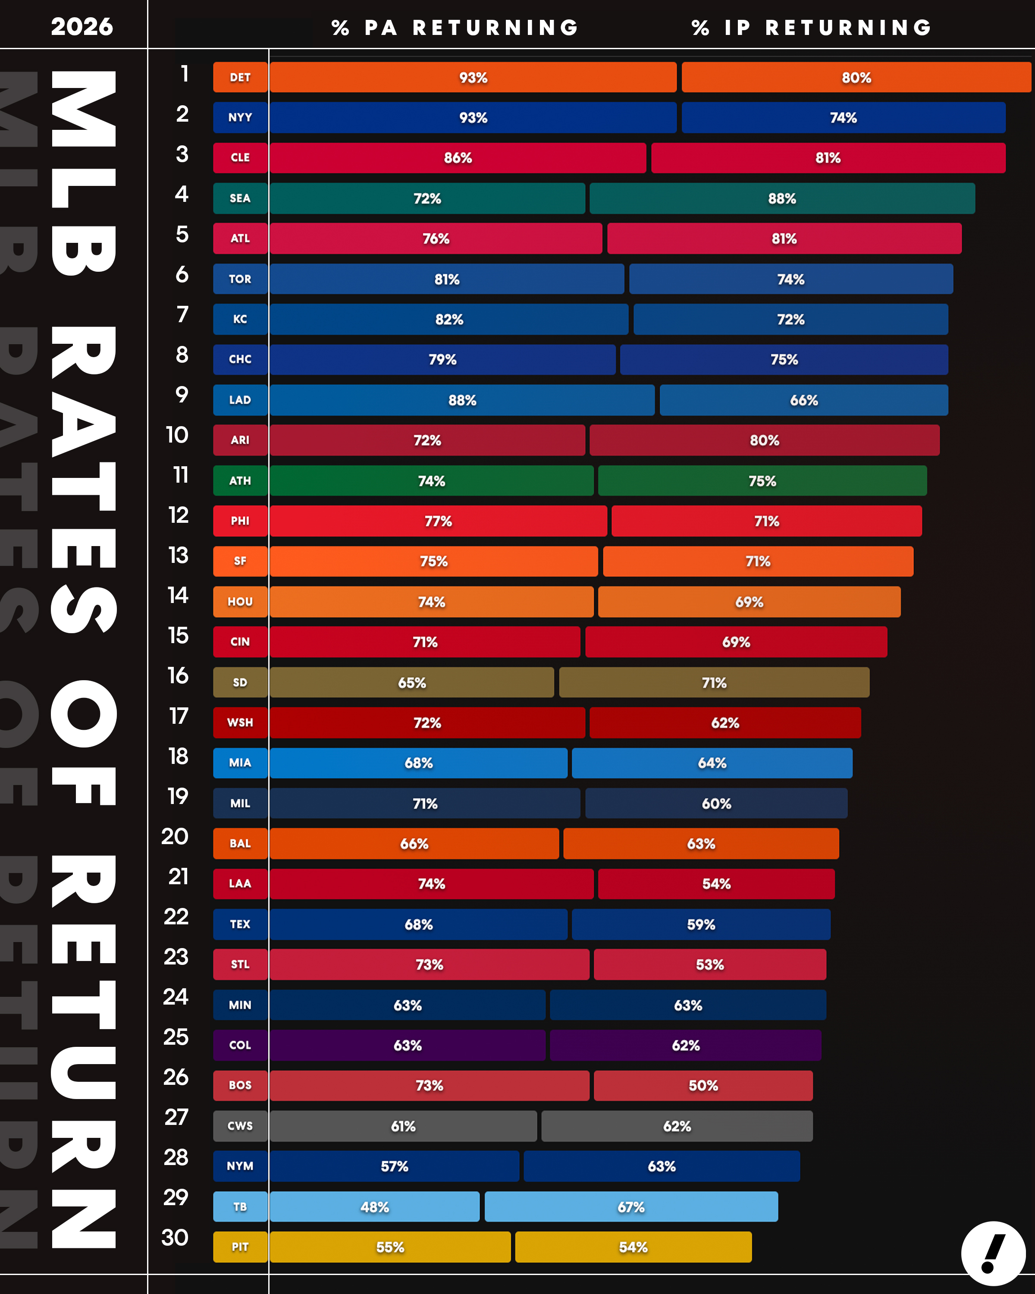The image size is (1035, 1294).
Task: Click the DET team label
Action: coord(240,77)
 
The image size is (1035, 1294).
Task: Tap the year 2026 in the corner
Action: coord(82,26)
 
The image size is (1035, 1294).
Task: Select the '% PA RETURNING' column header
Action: coord(455,28)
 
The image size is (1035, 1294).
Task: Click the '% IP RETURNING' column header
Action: coord(811,28)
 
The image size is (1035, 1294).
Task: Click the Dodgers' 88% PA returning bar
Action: coord(462,400)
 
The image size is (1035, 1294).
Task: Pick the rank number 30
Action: coord(175,1237)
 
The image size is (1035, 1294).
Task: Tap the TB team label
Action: coord(240,1207)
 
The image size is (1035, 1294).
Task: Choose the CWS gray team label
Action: coord(240,1126)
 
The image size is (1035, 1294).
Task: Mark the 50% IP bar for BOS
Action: coord(703,1086)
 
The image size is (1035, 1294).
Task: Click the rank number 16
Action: coord(178,676)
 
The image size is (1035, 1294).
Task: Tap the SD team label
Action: coord(240,682)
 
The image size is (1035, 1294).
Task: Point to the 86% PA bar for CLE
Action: coord(458,158)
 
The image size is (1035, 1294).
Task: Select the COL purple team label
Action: coord(240,1046)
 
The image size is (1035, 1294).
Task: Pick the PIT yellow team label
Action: coord(240,1247)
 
